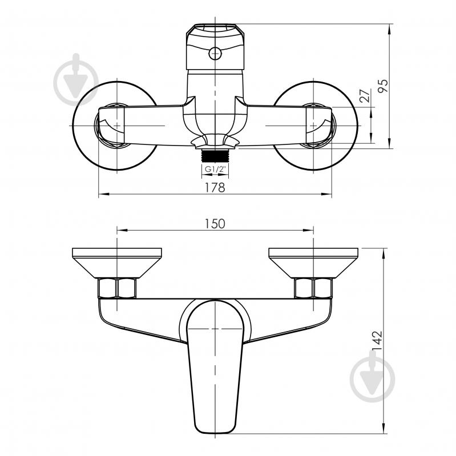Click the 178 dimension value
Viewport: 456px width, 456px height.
[215, 188]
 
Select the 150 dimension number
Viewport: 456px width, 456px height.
[215, 224]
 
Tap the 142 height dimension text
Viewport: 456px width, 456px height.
[377, 341]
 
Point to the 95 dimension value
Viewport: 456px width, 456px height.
[383, 86]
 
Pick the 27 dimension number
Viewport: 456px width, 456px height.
[365, 95]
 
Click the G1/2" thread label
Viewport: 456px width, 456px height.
[215, 169]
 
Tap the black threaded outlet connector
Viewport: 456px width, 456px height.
[215, 155]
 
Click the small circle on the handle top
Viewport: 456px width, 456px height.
[215, 54]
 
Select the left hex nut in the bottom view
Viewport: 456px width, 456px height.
[117, 288]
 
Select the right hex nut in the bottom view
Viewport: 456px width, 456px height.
[313, 288]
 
